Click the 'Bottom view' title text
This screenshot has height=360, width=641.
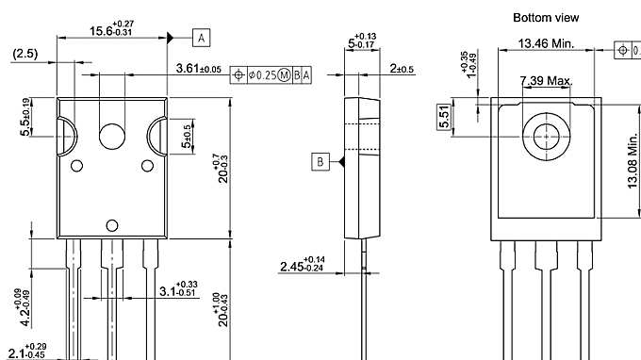coord(545,17)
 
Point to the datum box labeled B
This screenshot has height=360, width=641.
coord(320,163)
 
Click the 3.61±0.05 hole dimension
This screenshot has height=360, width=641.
coord(198,69)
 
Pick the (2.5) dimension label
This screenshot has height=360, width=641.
coord(25,54)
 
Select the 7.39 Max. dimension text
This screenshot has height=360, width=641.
coord(546,83)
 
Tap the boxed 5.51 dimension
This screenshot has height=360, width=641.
coord(445,117)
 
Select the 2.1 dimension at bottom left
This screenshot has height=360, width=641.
coord(24,352)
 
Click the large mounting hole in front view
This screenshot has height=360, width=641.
coord(113,137)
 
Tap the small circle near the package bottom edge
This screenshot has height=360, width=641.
coord(112,224)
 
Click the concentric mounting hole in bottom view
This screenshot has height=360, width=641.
coord(545,135)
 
